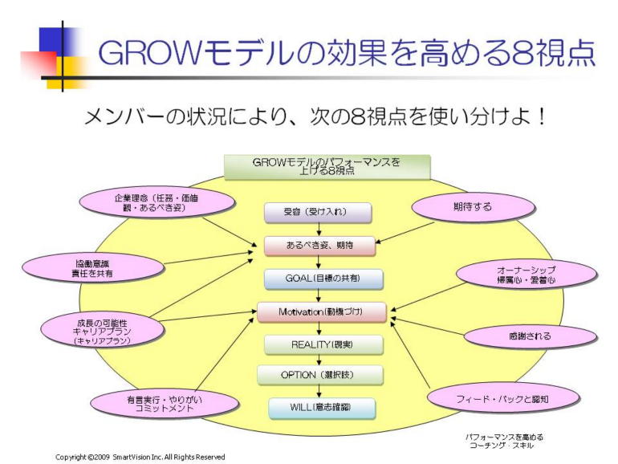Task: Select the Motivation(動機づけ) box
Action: tap(321, 310)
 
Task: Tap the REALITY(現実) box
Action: tap(321, 344)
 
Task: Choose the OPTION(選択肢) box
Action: tap(320, 375)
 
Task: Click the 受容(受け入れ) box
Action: tap(318, 212)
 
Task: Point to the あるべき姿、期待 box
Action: tap(320, 244)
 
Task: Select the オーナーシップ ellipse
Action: tap(527, 275)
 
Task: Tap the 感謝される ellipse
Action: tap(530, 336)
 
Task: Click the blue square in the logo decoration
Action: tap(50, 39)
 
